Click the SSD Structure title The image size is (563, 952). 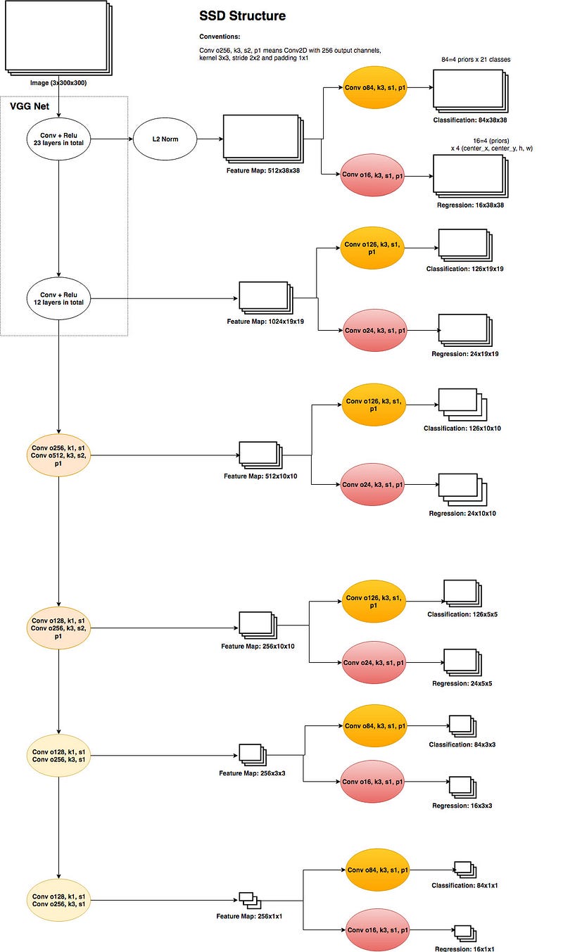242,16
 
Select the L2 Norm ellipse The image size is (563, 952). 165,139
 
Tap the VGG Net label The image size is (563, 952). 30,106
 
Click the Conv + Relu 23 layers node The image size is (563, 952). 58,139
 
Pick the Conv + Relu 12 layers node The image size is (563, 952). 58,298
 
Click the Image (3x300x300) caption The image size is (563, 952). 58,83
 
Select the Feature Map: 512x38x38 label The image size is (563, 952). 262,170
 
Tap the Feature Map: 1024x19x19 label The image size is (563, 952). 265,322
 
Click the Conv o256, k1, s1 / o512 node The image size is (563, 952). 58,456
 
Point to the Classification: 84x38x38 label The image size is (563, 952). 470,120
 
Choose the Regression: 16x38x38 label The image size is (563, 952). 470,205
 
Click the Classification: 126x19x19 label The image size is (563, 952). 464,269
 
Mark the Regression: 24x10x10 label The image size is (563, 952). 462,514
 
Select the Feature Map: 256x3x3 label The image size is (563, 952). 252,773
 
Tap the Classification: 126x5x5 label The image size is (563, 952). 462,614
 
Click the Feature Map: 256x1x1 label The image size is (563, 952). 249,916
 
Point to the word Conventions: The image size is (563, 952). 220,37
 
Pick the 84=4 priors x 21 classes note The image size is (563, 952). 476,60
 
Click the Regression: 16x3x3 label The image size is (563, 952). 462,806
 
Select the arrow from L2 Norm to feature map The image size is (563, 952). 210,139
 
